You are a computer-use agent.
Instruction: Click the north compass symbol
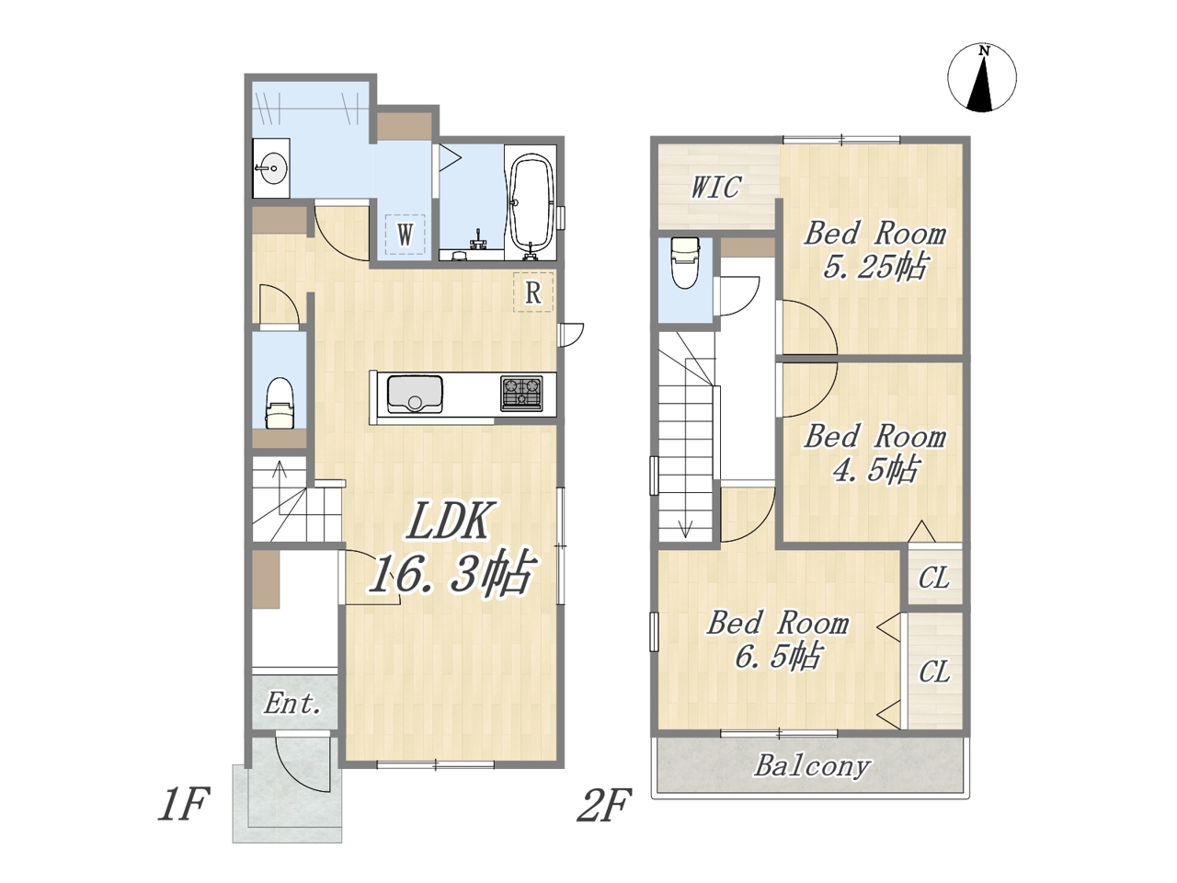coord(982,77)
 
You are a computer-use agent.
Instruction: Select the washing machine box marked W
coord(405,235)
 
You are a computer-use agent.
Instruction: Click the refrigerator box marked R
coord(533,292)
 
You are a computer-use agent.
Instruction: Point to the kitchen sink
coord(415,394)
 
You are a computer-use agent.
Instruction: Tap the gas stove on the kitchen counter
coord(521,394)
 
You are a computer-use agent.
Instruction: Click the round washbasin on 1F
coord(273,167)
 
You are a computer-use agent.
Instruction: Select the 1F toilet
coord(280,403)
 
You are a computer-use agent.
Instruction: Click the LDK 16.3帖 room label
coord(451,548)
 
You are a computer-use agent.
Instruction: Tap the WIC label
coord(715,187)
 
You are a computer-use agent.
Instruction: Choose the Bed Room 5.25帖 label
coord(874,250)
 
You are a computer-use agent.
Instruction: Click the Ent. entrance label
coord(292,703)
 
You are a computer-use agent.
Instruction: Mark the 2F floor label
coord(604,804)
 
